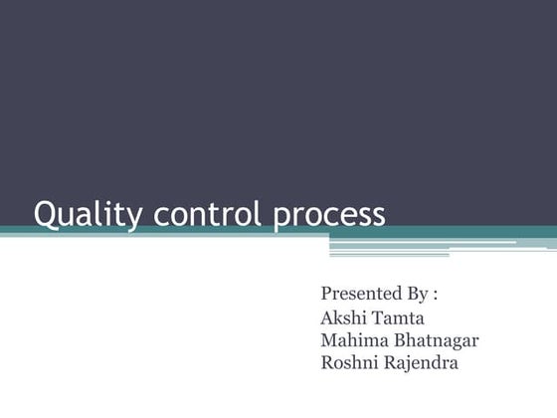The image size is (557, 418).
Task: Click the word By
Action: [418, 295]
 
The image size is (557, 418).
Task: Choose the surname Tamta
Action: [398, 318]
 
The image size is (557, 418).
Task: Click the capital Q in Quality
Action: [45, 214]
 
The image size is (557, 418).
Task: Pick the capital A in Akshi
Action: [327, 318]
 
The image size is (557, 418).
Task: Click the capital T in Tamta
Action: [378, 318]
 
